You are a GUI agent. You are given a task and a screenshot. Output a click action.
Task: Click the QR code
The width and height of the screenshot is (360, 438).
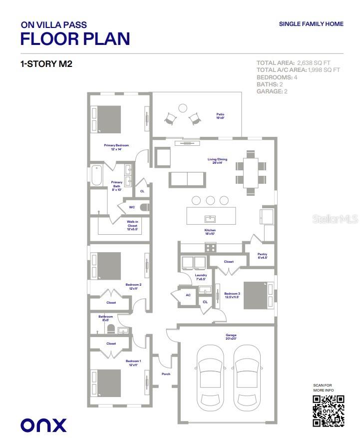[x=328, y=411]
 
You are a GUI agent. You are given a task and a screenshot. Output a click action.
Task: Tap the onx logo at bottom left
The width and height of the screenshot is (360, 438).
[x=43, y=425]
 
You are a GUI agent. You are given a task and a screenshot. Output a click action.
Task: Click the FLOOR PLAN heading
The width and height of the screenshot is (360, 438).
[x=75, y=38]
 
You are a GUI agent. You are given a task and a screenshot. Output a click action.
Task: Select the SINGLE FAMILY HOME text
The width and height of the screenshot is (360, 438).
[x=310, y=23]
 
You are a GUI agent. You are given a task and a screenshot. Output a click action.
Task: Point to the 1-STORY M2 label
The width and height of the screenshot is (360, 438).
[x=46, y=64]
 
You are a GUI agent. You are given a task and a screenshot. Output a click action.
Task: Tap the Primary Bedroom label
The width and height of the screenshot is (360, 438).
[x=113, y=147]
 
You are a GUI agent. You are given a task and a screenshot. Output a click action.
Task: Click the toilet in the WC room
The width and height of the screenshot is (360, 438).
[x=143, y=206]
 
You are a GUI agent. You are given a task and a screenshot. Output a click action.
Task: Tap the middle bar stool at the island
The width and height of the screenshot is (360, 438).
[x=210, y=200]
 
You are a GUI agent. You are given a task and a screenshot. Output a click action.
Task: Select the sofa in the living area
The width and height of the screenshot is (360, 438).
[x=187, y=179]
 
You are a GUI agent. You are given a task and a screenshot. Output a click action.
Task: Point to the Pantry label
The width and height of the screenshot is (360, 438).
[x=263, y=256]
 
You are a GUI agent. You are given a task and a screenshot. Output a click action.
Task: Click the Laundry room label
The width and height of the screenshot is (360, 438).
[x=201, y=276]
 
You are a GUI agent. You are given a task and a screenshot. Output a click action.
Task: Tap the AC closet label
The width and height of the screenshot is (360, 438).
[x=188, y=295]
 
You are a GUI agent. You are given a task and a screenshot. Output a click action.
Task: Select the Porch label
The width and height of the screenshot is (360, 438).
[x=166, y=374]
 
